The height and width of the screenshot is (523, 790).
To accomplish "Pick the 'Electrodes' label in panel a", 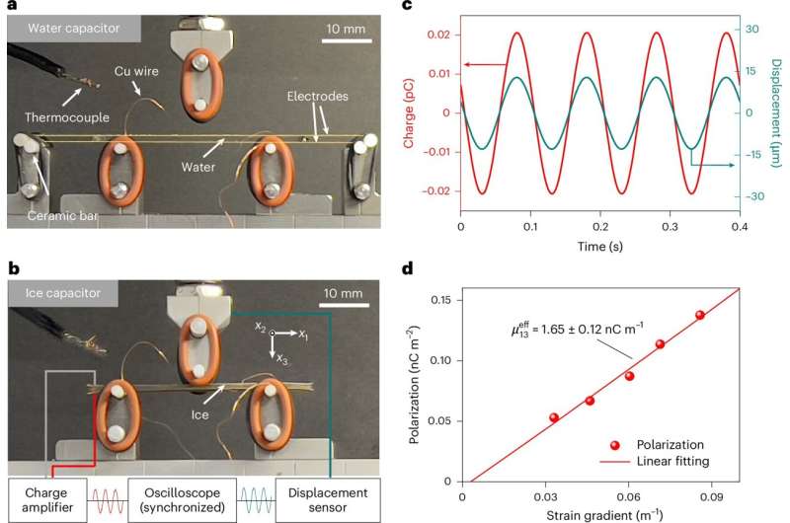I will (x=314, y=96).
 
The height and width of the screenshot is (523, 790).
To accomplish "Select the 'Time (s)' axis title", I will (x=599, y=245).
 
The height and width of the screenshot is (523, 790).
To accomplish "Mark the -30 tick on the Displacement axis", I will (x=758, y=196).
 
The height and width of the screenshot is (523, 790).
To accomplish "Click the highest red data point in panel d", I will (x=699, y=315).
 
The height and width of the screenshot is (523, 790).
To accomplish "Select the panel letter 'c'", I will (x=461, y=9).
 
